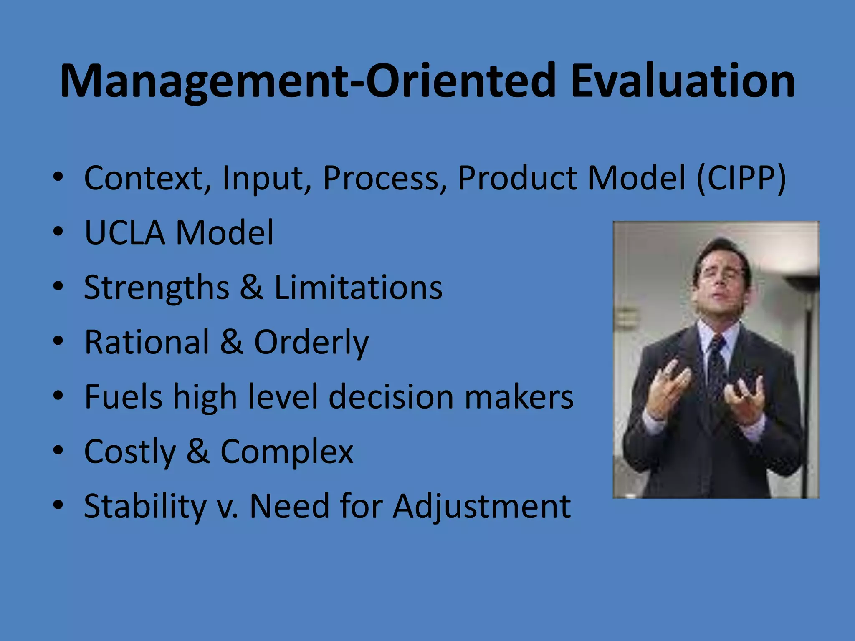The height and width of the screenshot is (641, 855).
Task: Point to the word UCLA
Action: (124, 232)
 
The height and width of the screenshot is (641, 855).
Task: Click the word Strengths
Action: (157, 288)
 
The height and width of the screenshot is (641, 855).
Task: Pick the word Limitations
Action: (358, 288)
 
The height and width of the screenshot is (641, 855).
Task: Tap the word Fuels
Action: (123, 397)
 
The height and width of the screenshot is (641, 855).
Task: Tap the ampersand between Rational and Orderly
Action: (231, 342)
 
